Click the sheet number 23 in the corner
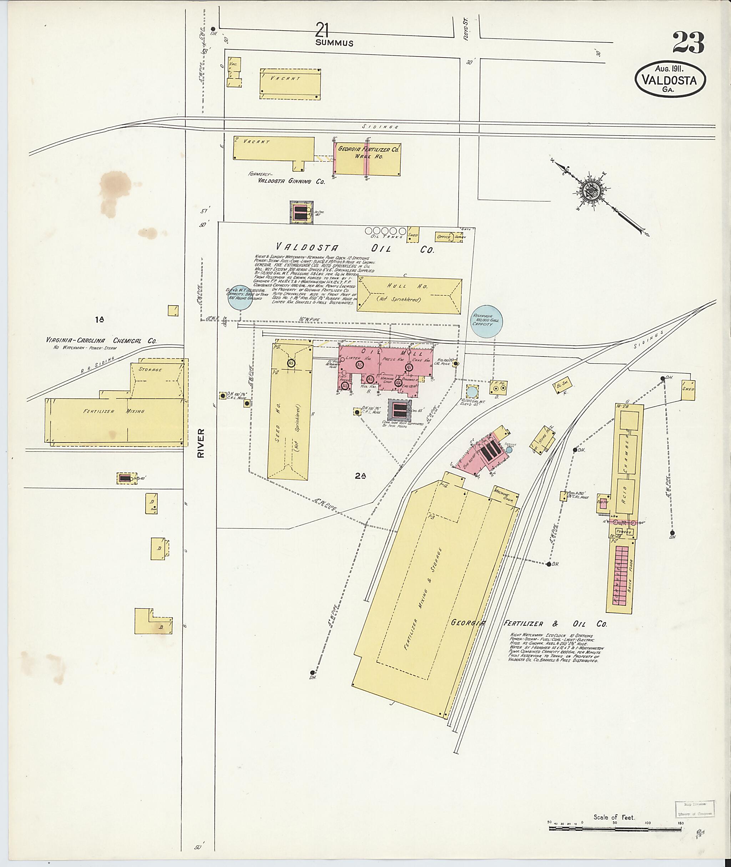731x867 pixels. pos(688,43)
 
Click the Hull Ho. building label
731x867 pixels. pos(409,292)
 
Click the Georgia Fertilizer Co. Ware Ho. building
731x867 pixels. pos(367,160)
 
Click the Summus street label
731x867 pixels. pos(334,43)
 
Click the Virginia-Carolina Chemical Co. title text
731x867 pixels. pos(101,341)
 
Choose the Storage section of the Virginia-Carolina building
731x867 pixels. pos(151,369)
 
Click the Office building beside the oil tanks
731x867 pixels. pos(444,237)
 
